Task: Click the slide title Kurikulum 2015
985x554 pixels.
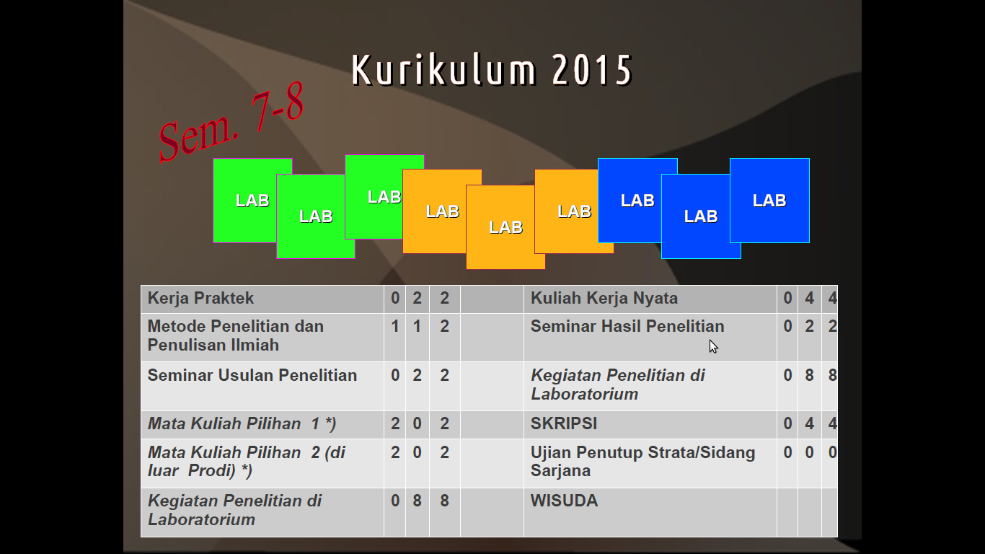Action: [x=492, y=69]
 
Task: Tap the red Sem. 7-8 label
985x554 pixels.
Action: [x=231, y=122]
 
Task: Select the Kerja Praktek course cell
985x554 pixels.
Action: [x=200, y=299]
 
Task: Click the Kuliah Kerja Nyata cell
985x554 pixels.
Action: [x=604, y=299]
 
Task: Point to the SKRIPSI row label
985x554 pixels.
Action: [x=564, y=423]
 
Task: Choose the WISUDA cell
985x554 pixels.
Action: [x=564, y=501]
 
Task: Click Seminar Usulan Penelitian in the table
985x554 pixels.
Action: [x=252, y=375]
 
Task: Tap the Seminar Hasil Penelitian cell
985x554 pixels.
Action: [x=627, y=327]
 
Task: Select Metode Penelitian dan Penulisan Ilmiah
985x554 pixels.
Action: [x=235, y=335]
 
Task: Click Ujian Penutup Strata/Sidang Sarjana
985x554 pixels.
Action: [x=642, y=461]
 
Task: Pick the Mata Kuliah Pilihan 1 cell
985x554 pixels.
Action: [x=242, y=423]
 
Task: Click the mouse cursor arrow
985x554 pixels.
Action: [x=713, y=346]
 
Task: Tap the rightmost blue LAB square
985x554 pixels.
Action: [x=769, y=201]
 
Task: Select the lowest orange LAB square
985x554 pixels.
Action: [x=505, y=227]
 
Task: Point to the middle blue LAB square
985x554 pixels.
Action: [x=701, y=216]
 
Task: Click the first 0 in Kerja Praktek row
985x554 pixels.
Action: [x=395, y=299]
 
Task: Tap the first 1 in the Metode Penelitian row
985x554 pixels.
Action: [x=395, y=327]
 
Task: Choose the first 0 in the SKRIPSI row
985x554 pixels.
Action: [x=787, y=423]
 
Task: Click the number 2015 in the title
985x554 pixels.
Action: [x=592, y=69]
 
